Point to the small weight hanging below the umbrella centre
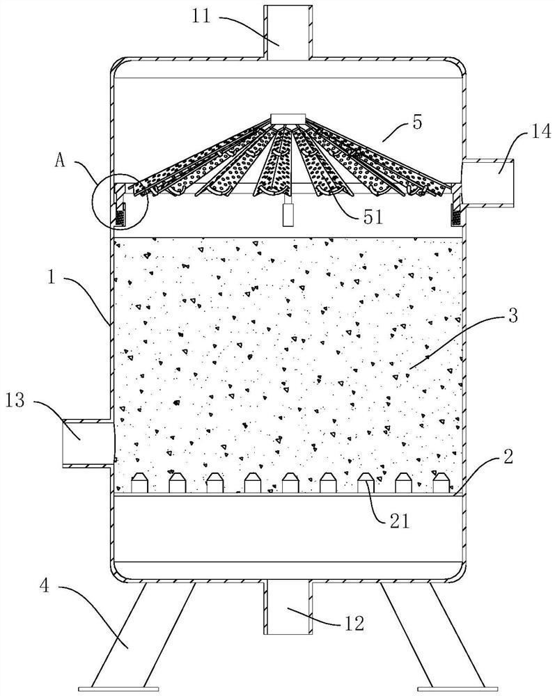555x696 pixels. [286, 216]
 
